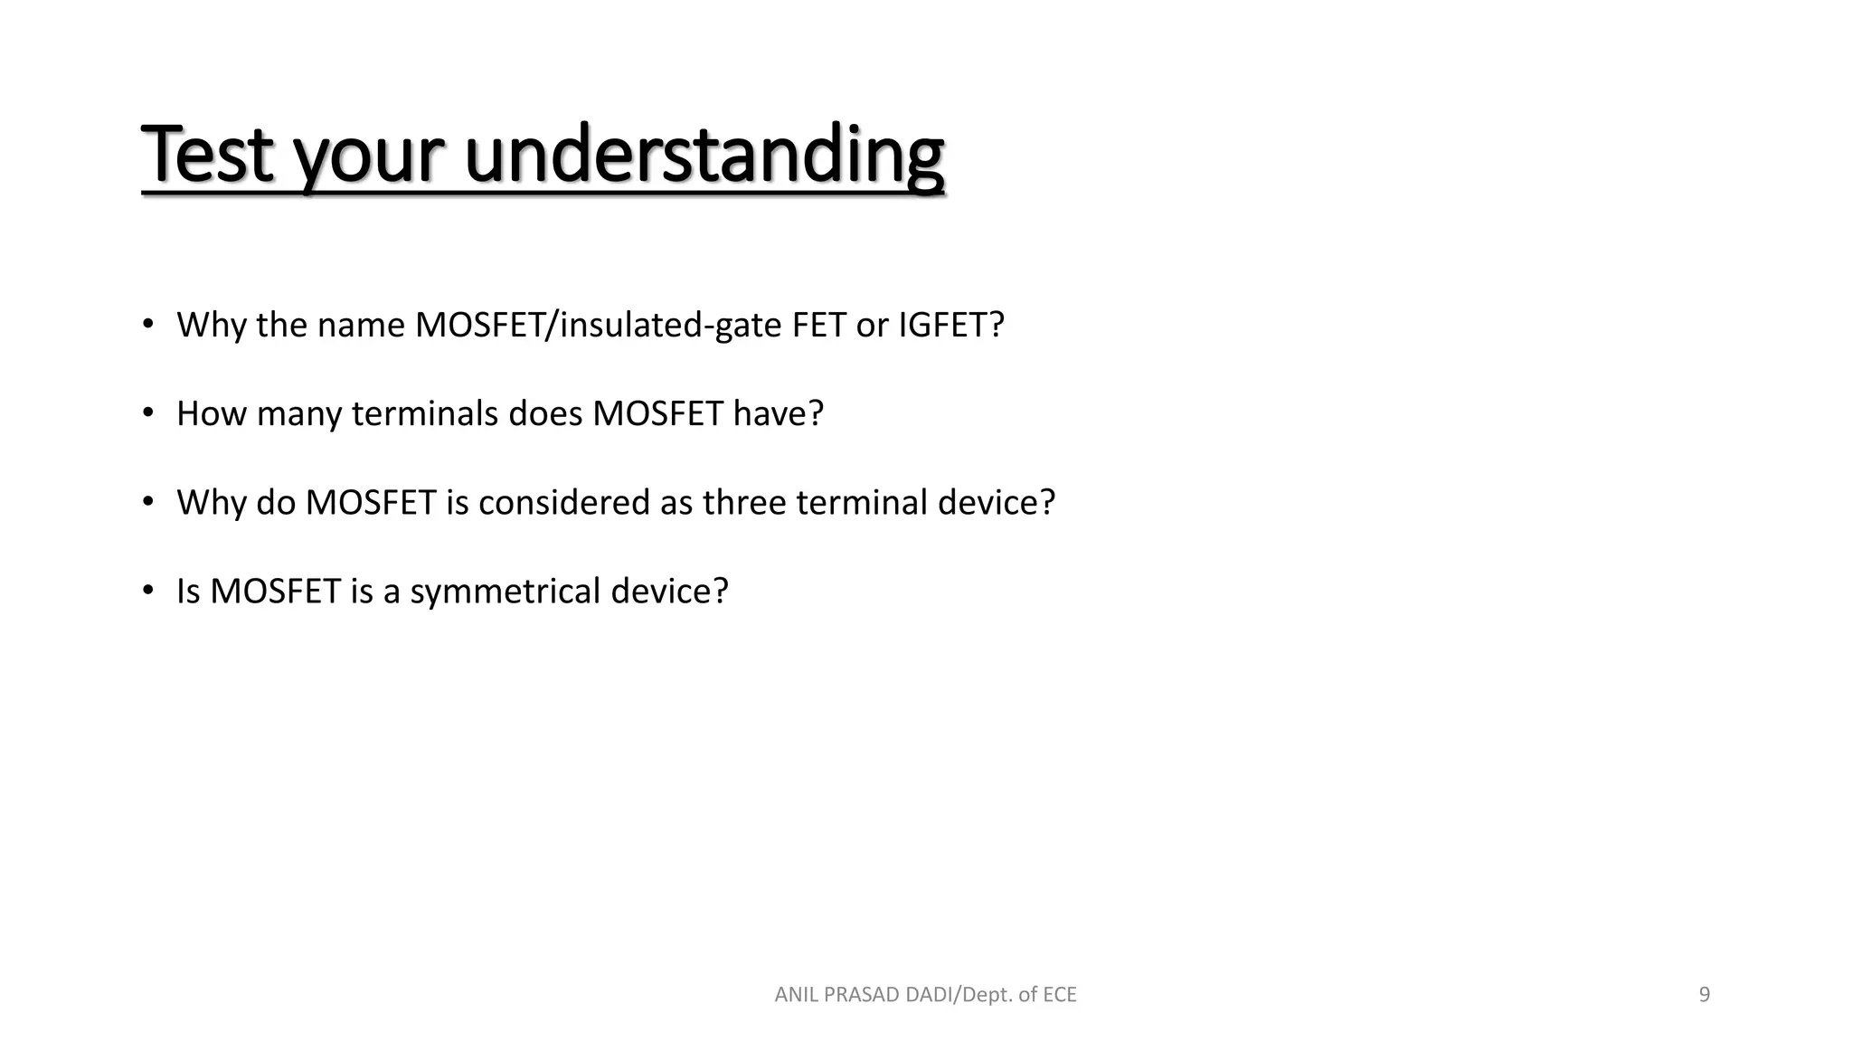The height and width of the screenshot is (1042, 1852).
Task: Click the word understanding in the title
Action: pyautogui.click(x=704, y=156)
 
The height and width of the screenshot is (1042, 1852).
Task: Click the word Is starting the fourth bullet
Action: pyautogui.click(x=187, y=591)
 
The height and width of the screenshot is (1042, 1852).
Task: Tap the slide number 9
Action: pyautogui.click(x=1704, y=995)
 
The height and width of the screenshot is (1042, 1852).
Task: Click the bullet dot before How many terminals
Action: pyautogui.click(x=148, y=413)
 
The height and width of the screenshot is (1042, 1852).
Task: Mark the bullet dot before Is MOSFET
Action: pyautogui.click(x=148, y=591)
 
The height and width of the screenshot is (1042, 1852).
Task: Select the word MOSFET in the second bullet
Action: pyautogui.click(x=657, y=413)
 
